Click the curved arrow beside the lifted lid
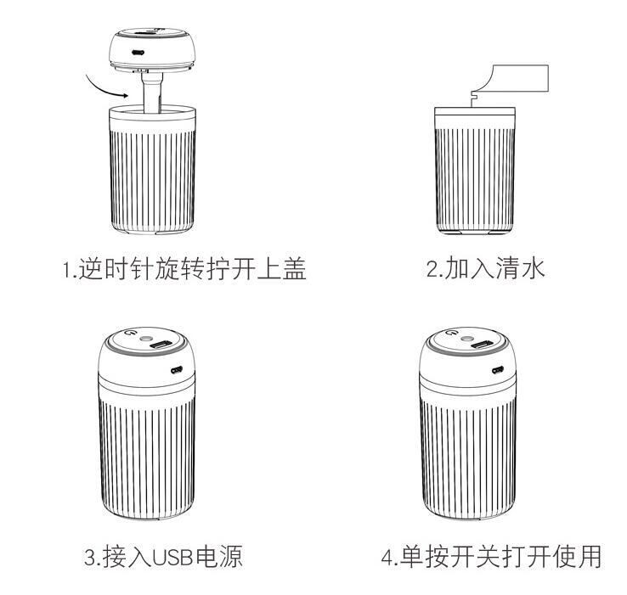tap(106, 86)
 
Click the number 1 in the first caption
tap(67, 271)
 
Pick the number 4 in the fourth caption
tap(387, 558)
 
